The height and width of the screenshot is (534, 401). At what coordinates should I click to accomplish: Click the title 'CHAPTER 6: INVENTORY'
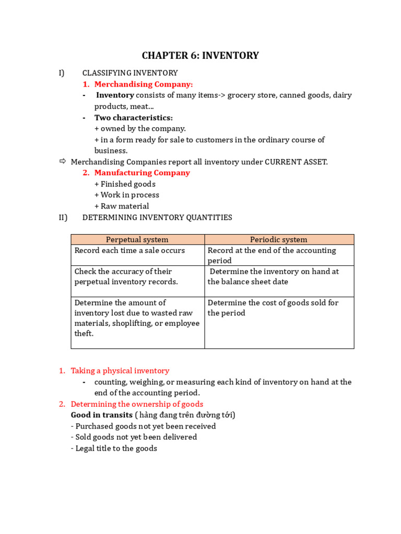click(200, 55)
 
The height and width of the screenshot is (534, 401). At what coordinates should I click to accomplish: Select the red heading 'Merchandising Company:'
click(144, 84)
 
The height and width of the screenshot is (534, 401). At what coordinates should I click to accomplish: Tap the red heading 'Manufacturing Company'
click(142, 173)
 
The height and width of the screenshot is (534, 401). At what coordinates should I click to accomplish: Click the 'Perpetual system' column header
click(137, 239)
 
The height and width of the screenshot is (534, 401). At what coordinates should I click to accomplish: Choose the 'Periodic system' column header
click(279, 239)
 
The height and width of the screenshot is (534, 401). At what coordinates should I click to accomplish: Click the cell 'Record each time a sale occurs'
click(129, 250)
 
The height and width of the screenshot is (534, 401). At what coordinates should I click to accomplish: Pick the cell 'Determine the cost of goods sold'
click(273, 308)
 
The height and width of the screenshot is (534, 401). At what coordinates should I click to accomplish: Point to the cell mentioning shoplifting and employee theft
click(137, 318)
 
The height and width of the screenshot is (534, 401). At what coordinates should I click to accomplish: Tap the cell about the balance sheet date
click(273, 276)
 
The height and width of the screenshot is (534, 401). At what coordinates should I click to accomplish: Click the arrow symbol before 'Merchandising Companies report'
click(63, 162)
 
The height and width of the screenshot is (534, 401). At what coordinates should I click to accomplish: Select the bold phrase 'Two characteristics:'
click(134, 117)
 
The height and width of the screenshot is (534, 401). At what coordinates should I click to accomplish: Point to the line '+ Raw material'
click(122, 206)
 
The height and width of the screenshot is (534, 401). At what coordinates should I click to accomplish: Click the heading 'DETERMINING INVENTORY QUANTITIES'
click(157, 217)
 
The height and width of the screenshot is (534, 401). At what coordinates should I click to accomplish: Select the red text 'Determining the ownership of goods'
click(137, 404)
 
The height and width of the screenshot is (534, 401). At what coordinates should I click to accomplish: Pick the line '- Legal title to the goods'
click(114, 448)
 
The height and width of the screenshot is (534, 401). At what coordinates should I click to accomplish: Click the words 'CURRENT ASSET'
click(296, 162)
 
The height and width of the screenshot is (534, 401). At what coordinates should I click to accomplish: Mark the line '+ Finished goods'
click(125, 184)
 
